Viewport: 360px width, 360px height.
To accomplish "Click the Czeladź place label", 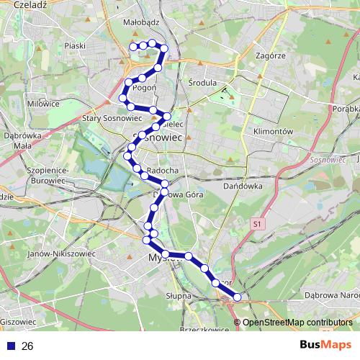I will pos(30,4).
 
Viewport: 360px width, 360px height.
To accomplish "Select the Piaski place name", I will pos(75,46).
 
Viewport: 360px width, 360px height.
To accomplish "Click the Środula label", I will pos(202,83).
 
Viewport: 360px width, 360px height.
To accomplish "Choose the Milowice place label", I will pos(43,104).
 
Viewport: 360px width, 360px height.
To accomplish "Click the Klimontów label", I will pos(273,132).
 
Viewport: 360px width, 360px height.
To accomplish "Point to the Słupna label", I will pos(178,296).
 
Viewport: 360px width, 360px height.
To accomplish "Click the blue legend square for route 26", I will pos(12,346).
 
